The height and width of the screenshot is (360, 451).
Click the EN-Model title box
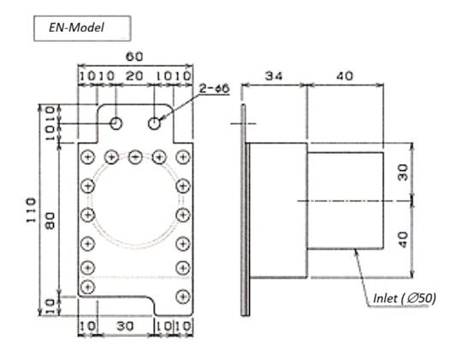click(x=82, y=28)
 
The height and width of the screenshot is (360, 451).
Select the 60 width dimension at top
click(x=134, y=56)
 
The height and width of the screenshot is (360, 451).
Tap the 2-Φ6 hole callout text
click(x=215, y=88)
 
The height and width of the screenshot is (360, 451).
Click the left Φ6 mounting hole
click(x=116, y=123)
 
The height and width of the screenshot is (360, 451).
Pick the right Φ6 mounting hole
click(x=154, y=123)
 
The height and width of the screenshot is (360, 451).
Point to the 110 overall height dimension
click(x=31, y=210)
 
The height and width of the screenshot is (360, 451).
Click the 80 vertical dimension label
click(x=50, y=221)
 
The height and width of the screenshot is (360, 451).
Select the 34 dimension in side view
click(x=274, y=76)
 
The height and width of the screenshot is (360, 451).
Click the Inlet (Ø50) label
click(x=405, y=298)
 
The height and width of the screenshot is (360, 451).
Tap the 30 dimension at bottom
click(x=125, y=326)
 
